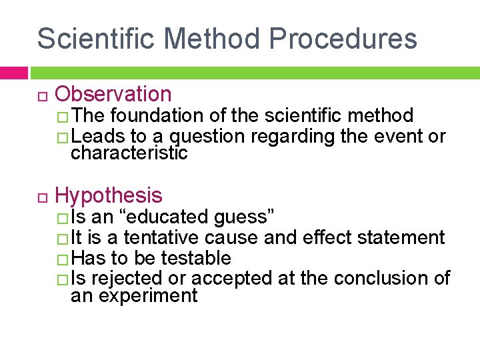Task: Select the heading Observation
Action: pos(113,95)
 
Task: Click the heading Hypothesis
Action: pos(109,195)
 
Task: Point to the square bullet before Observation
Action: pos(41,95)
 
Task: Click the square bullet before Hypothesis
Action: pos(41,196)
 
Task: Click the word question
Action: pos(209,137)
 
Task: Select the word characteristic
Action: pos(129,153)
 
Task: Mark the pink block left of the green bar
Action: pos(13,72)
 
